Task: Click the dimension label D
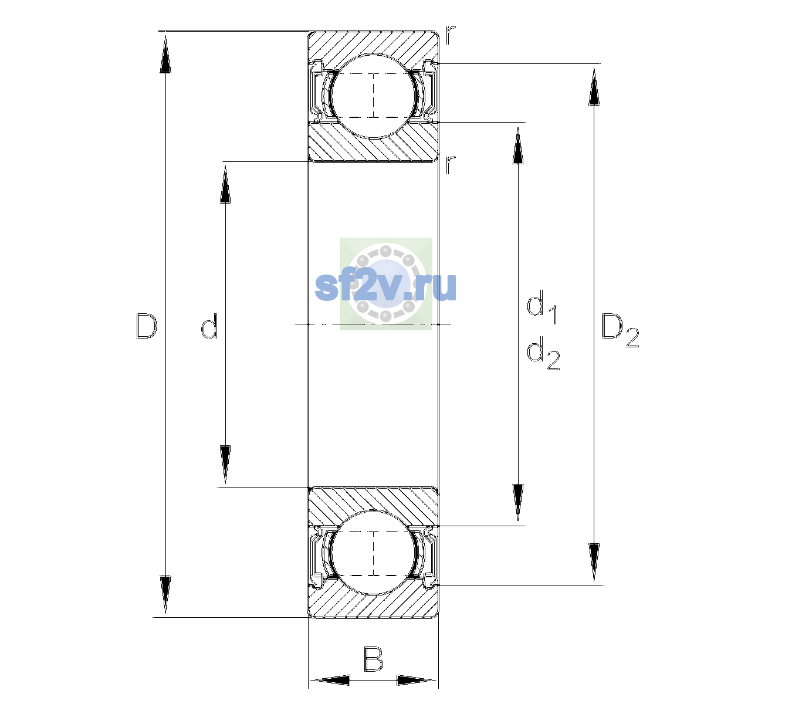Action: coord(146,326)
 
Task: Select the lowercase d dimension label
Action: coord(209,325)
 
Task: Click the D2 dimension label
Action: coord(620,330)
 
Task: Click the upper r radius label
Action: coord(451,35)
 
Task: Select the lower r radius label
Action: coord(451,165)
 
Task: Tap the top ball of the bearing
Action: coord(373,96)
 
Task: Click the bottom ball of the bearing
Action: coord(373,553)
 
